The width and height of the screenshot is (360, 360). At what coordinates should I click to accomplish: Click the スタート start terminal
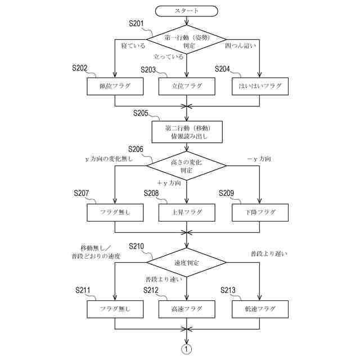coord(186,10)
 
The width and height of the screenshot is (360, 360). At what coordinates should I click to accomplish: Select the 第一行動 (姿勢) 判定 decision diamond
coord(186,40)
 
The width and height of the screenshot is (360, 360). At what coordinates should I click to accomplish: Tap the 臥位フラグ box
coord(115,86)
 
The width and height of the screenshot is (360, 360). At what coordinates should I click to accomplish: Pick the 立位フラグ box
coord(186,86)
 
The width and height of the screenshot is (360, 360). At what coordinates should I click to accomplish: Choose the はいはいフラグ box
coord(260,86)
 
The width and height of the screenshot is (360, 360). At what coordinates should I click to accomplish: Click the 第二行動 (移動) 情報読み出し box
coord(186,132)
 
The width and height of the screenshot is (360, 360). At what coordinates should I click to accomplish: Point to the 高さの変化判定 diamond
coord(186,165)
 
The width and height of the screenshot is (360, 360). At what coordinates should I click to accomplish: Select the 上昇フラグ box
coord(186,212)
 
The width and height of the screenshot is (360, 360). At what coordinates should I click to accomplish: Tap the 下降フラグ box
coord(260,212)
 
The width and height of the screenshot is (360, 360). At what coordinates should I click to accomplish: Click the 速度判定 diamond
coord(186,263)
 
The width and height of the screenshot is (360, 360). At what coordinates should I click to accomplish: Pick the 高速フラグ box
coord(186,309)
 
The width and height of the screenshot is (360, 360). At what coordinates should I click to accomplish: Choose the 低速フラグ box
coord(260,309)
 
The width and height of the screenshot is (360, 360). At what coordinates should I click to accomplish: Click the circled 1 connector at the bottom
coord(186,349)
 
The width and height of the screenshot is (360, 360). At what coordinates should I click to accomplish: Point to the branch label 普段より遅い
coord(268,254)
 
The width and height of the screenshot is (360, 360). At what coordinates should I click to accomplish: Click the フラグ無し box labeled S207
coord(115,212)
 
